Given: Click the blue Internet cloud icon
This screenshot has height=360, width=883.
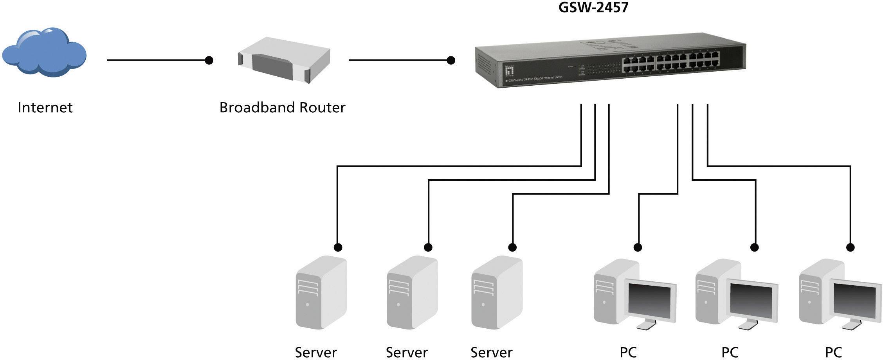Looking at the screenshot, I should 44,53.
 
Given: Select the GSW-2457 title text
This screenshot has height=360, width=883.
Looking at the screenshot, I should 593,7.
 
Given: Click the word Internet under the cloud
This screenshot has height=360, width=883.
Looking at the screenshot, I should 45,108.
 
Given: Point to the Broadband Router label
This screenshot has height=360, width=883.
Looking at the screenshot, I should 282,108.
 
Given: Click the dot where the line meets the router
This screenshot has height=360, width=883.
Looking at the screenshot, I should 209,60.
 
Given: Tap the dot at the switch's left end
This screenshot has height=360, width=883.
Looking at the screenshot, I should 451,60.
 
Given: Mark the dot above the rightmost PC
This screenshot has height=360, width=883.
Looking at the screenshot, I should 850,247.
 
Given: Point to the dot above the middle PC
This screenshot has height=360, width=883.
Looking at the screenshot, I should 755,247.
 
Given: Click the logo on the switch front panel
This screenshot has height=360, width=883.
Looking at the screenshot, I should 509,70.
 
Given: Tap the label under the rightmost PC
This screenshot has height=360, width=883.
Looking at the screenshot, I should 833,353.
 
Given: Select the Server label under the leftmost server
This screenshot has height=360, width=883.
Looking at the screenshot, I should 316,353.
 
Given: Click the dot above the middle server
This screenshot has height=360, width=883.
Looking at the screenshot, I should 428,247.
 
